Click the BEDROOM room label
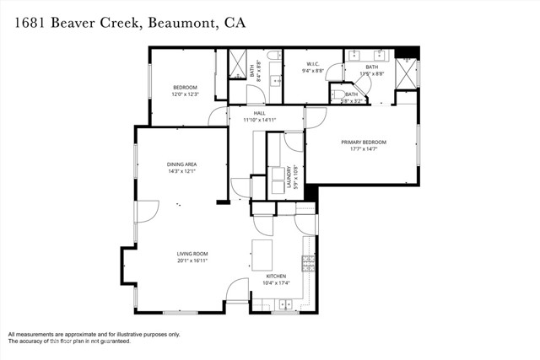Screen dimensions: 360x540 point(185,88)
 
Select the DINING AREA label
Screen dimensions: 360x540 point(181,164)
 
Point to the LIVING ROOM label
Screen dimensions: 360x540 point(192,254)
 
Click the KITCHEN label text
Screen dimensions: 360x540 point(276,276)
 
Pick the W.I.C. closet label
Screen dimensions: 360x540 point(311,63)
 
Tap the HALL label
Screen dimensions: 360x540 point(249,112)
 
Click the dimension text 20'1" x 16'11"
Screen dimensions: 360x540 point(192,261)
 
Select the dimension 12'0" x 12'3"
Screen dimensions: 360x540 point(185,94)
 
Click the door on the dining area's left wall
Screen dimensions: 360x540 point(146,211)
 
